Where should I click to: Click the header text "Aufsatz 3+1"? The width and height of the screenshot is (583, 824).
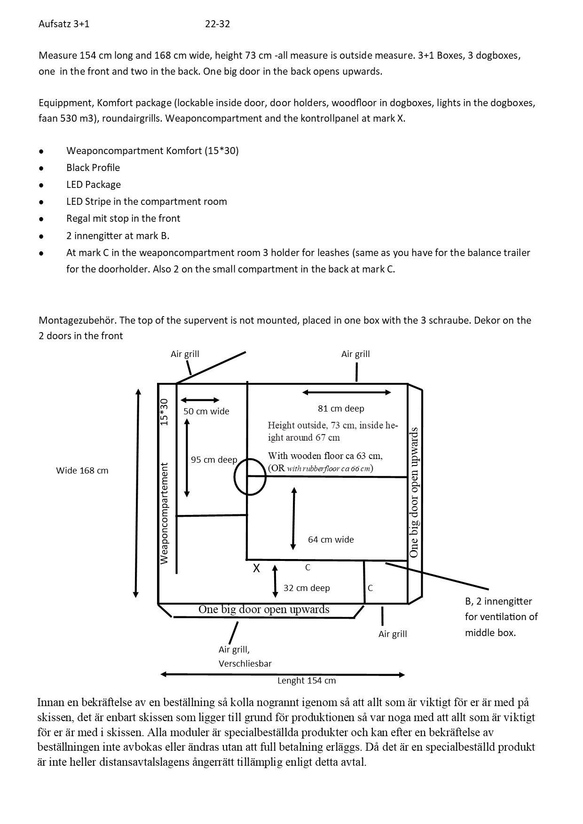tap(64, 24)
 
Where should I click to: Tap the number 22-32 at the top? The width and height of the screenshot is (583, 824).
tap(217, 24)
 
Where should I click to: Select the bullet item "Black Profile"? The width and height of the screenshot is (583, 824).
tap(93, 168)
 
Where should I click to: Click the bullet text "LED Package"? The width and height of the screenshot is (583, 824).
tap(94, 185)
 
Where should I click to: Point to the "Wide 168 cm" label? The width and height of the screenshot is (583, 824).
tap(82, 471)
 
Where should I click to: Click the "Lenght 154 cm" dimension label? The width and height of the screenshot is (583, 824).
tap(307, 680)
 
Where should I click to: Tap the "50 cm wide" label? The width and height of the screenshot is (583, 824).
tap(206, 412)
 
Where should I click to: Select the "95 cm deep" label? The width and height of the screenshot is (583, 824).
tap(214, 460)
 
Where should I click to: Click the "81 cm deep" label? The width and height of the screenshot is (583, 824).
tap(341, 409)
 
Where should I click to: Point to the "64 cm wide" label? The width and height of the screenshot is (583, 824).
tap(331, 540)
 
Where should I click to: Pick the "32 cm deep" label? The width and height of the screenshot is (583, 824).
tap(307, 588)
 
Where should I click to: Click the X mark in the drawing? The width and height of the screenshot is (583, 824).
tap(256, 568)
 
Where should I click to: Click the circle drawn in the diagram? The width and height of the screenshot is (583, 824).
tap(250, 476)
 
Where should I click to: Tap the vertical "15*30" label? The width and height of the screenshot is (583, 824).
tap(164, 412)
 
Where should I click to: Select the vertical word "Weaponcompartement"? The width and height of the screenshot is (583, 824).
tap(164, 513)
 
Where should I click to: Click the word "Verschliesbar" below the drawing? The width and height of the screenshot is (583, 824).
tap(245, 664)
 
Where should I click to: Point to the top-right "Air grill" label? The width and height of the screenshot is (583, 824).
tap(355, 354)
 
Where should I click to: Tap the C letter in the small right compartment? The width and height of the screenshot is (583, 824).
tap(370, 588)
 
